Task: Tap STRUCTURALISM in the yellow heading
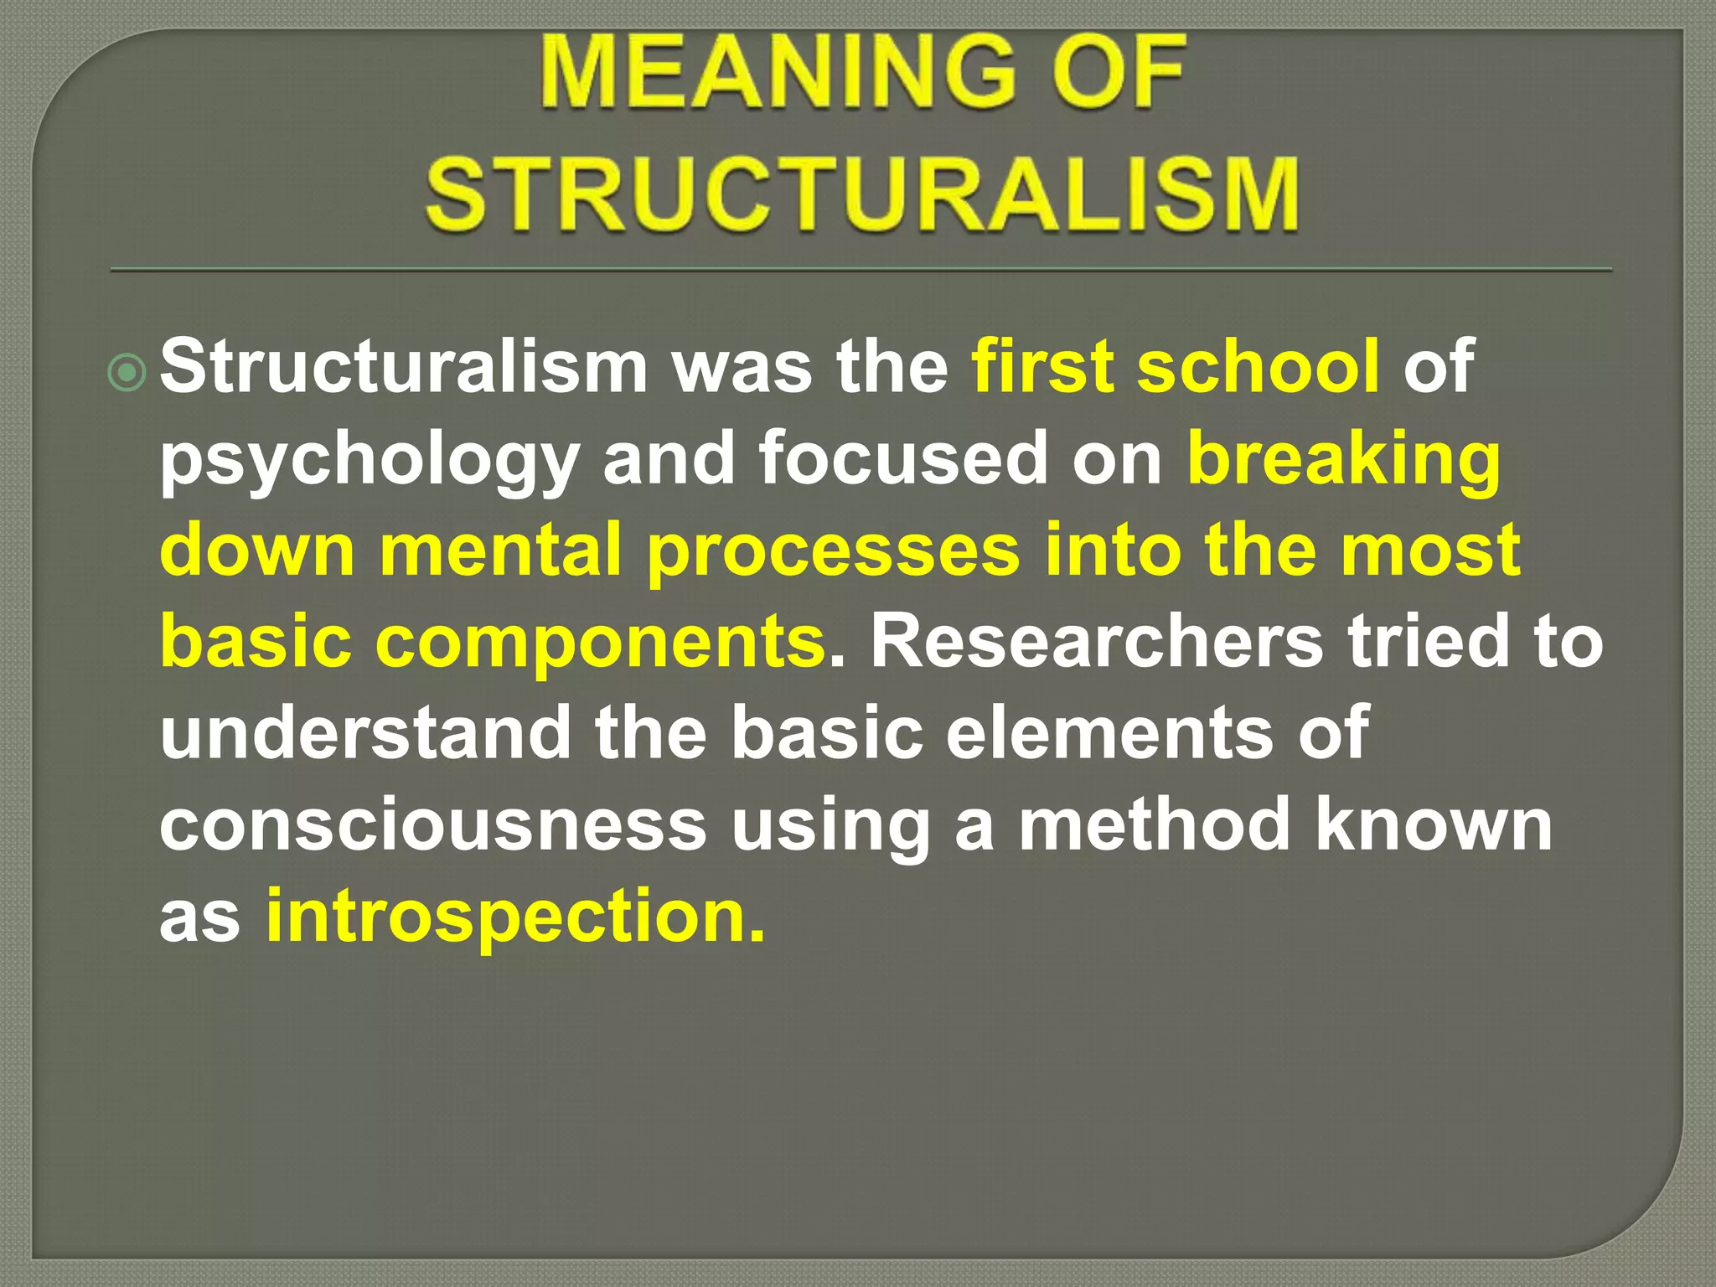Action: pyautogui.click(x=862, y=194)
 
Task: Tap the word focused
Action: pyautogui.click(x=903, y=457)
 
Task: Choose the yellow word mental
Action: pyautogui.click(x=501, y=550)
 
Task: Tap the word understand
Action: pyautogui.click(x=365, y=731)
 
